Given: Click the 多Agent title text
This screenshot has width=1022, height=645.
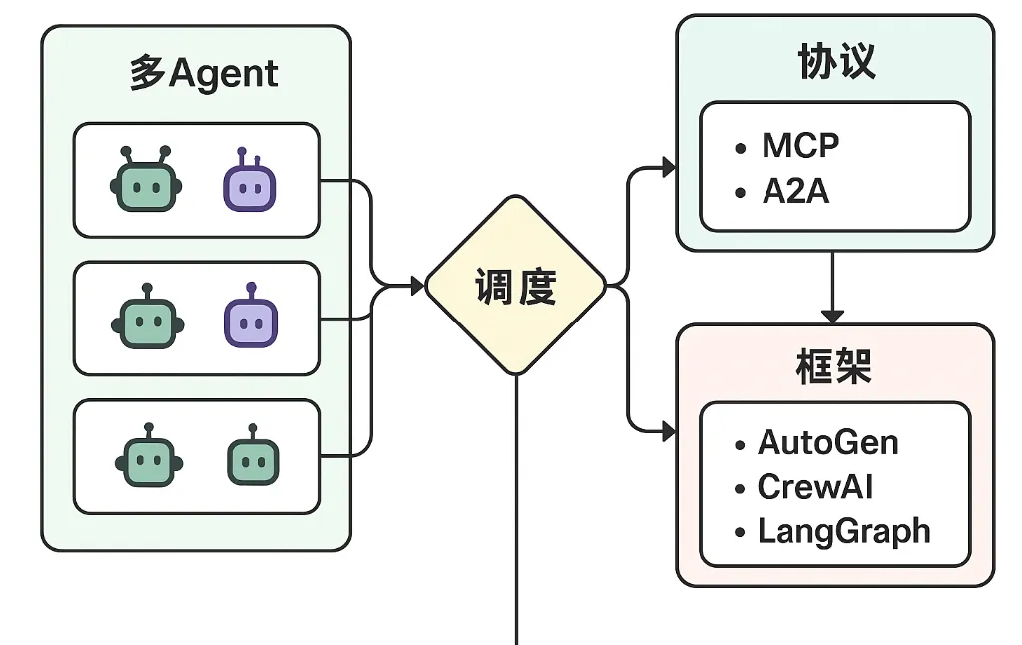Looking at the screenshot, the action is tap(204, 73).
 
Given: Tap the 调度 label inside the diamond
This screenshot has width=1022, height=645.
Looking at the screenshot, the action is tap(516, 287).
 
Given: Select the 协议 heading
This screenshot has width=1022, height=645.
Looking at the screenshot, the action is tap(837, 61).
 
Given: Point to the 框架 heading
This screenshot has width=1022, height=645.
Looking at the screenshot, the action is tap(834, 366).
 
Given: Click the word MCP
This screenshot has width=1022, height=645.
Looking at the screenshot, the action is tap(800, 145).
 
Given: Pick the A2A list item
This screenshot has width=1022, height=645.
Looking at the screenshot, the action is tap(795, 191).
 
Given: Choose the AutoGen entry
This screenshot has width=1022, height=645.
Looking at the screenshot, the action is tap(827, 443).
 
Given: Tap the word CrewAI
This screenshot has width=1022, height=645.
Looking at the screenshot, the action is tap(814, 487).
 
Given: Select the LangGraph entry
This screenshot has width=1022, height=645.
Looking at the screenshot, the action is tap(843, 531).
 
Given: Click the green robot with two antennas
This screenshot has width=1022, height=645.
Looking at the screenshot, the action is tap(146, 179).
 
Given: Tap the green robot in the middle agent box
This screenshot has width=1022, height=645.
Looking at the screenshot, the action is tap(148, 317).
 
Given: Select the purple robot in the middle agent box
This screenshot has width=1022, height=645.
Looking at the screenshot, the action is tap(251, 316).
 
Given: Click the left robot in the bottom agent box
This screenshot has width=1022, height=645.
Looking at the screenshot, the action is tap(149, 455).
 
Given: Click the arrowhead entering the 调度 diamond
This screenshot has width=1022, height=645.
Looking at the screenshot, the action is tap(418, 286).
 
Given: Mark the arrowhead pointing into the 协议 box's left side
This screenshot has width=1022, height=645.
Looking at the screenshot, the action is tap(669, 167).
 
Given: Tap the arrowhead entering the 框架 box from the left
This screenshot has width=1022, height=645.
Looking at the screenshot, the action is tap(669, 431).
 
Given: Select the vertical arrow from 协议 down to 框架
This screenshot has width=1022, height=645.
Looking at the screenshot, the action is tap(832, 287).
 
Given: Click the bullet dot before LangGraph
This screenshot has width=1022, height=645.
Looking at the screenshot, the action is tap(740, 533).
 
